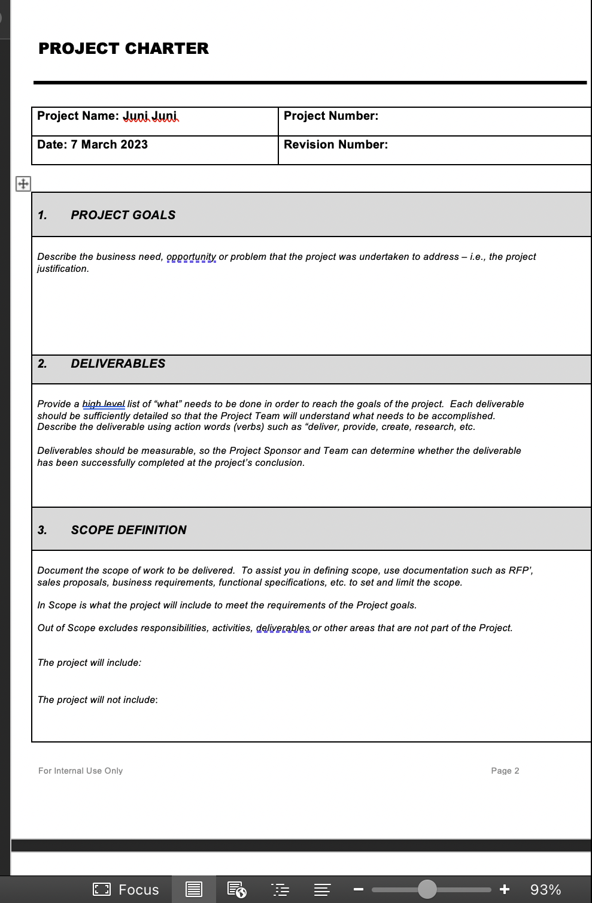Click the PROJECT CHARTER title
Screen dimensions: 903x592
[x=123, y=49]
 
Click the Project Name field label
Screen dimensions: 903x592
[x=78, y=116]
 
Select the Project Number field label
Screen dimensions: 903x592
[x=330, y=116]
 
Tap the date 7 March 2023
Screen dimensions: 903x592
[x=109, y=145]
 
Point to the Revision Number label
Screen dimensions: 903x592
[x=335, y=145]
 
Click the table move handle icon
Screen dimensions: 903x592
[x=23, y=184]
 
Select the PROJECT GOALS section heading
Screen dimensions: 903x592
[x=123, y=215]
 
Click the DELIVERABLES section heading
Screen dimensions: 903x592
[x=118, y=363]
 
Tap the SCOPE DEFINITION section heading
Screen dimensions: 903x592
[x=128, y=530]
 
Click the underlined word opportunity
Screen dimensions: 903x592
[x=191, y=257]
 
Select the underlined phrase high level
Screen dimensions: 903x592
[x=104, y=404]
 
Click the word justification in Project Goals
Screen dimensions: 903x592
[x=63, y=269]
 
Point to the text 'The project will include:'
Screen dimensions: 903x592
[x=89, y=663]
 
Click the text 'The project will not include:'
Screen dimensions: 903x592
[x=98, y=700]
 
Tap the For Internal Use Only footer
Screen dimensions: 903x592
[x=80, y=771]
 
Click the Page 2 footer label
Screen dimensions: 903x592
[x=505, y=771]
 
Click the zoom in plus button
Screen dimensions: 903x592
[x=505, y=889]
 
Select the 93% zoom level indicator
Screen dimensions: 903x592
[x=545, y=890]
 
